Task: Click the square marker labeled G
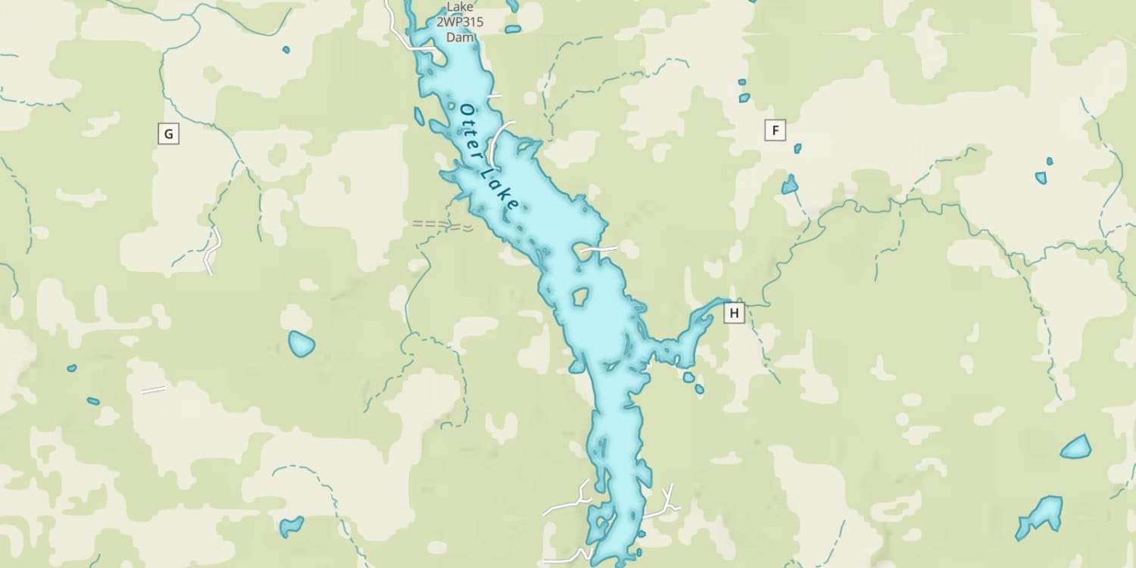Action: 168,135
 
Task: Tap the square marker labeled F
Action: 775,130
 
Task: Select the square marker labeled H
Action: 734,312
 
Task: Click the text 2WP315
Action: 459,22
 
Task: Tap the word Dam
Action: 460,36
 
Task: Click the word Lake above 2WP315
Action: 460,8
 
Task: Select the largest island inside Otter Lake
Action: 581,296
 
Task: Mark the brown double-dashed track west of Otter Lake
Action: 442,225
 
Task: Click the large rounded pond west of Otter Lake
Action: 301,344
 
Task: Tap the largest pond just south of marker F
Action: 790,185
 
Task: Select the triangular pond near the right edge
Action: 1076,448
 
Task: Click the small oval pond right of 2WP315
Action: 513,30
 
